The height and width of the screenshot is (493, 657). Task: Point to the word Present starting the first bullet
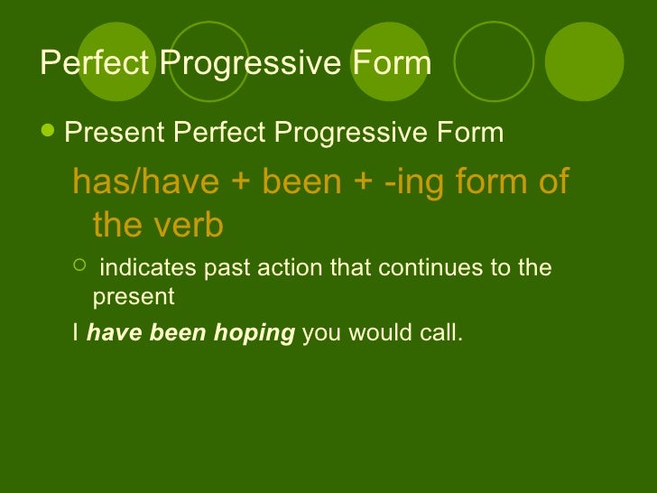(x=115, y=134)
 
